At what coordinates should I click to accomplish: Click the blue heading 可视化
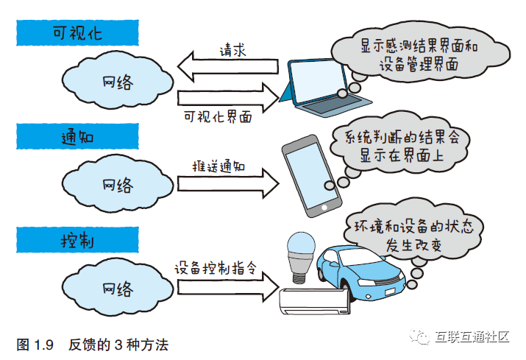[77, 33]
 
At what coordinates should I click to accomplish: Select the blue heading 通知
[77, 137]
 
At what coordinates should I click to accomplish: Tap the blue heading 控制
[77, 241]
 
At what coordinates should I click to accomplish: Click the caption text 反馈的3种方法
[118, 344]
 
